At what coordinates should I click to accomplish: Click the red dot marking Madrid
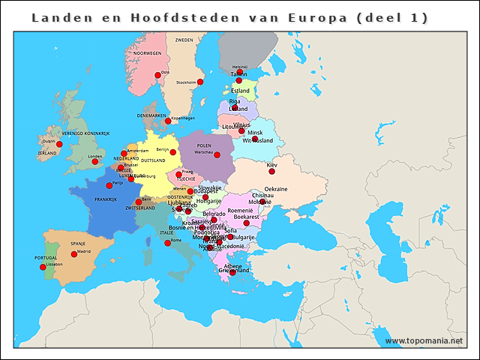(x=74, y=254)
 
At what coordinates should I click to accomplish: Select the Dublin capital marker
(x=59, y=144)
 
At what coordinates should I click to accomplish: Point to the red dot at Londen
(x=94, y=161)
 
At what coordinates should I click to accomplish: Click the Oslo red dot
(x=158, y=74)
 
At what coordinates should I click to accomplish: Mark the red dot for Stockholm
(x=200, y=82)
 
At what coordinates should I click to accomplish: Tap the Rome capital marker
(x=167, y=243)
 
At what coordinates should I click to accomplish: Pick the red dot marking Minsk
(x=254, y=139)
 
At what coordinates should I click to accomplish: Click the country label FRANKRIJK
(x=106, y=199)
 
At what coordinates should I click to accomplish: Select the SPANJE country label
(x=78, y=244)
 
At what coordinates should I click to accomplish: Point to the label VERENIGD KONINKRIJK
(x=85, y=133)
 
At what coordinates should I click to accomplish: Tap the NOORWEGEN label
(x=147, y=53)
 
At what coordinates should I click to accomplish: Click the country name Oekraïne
(x=276, y=189)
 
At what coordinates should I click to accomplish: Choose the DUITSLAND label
(x=153, y=160)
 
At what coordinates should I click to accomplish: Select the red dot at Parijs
(x=109, y=184)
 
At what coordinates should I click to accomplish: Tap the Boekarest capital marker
(x=246, y=223)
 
